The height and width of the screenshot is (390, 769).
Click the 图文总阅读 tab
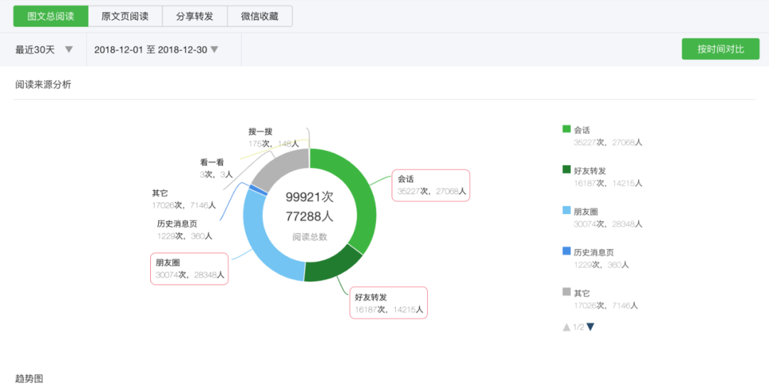pos(51,16)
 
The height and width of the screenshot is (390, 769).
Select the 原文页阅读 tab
pos(125,16)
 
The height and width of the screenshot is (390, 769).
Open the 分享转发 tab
pos(194,16)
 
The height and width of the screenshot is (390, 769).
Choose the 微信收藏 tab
pos(260,16)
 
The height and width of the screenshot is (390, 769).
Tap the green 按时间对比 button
pos(721,49)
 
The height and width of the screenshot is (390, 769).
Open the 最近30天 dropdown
pos(44,50)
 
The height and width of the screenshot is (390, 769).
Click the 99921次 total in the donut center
pos(310,197)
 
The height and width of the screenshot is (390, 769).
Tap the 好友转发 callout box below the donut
pos(389,302)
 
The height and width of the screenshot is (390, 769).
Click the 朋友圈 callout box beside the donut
pos(189,268)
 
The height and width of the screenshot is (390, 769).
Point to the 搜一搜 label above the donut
pos(261,132)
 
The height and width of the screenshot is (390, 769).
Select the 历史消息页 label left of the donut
pos(177,224)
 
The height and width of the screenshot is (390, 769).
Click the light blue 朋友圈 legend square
pos(567,211)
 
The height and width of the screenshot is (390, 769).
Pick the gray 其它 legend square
pos(567,292)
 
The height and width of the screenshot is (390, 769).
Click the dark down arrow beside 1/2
pos(590,327)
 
